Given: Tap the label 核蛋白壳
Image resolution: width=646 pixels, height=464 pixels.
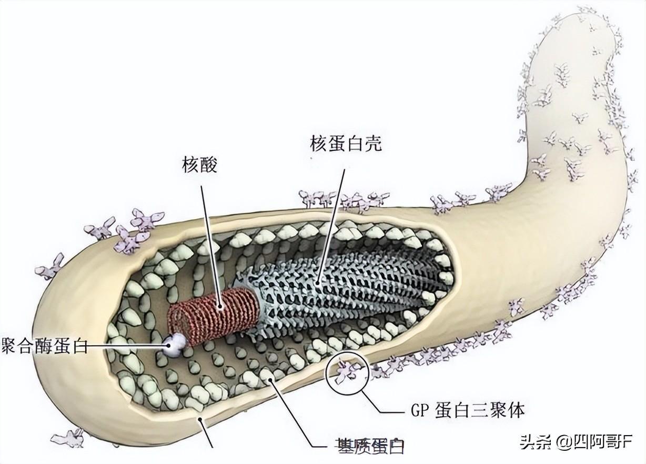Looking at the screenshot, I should click(x=346, y=143).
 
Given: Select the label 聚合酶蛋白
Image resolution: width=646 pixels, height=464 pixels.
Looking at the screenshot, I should click(x=44, y=347).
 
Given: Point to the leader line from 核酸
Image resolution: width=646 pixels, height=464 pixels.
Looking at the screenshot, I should click(x=210, y=242).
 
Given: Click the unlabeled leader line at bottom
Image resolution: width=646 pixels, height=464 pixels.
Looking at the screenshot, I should click(x=207, y=431).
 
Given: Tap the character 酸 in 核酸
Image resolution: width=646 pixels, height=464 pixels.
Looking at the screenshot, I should click(x=208, y=165).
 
